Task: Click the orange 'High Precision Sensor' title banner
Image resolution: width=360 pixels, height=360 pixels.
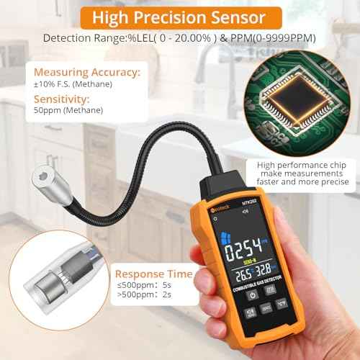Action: pyautogui.click(x=180, y=16)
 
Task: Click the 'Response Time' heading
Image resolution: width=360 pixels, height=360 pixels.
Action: pyautogui.click(x=153, y=274)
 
